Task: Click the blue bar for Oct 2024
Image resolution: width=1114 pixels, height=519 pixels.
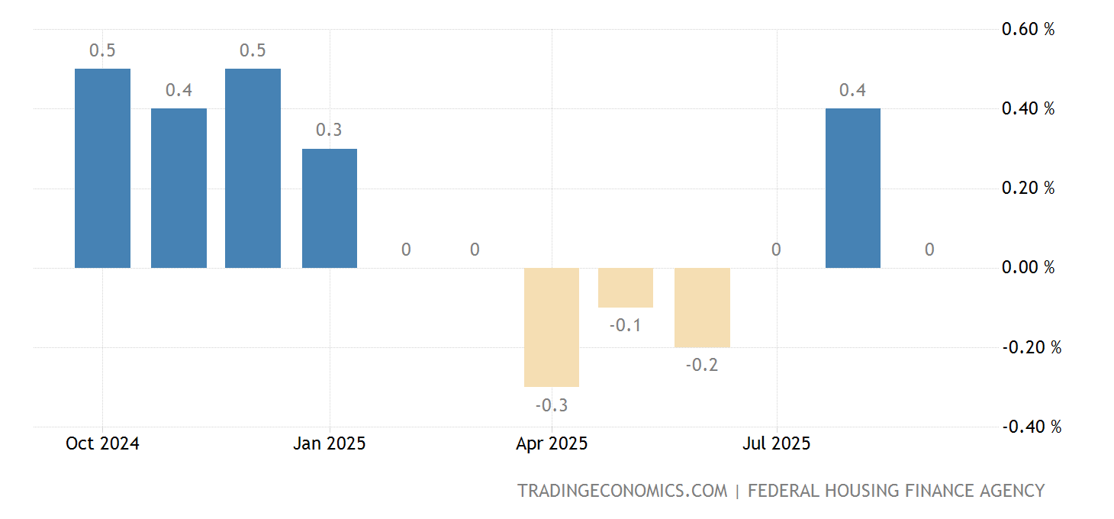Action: tap(102, 168)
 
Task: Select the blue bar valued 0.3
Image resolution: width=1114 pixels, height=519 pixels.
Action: tap(329, 208)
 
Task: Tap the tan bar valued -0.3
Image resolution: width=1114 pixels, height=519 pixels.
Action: tap(551, 327)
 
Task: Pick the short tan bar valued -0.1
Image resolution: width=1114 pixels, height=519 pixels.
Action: tap(625, 287)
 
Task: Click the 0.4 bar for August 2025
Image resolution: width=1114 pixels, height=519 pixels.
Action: tap(852, 188)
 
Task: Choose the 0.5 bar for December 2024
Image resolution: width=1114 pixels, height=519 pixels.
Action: tap(253, 168)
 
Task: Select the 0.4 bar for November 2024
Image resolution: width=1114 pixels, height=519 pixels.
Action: tap(179, 188)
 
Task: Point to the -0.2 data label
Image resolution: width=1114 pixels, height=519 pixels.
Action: tap(701, 366)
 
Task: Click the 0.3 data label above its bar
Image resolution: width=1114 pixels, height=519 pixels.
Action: tap(329, 131)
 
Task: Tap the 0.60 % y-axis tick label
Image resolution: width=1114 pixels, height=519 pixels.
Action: tap(1028, 30)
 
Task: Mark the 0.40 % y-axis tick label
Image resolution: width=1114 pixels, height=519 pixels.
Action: tap(1028, 109)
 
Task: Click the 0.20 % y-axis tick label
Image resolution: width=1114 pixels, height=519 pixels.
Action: tap(1028, 189)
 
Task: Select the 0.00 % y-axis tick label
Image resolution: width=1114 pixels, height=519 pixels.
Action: tap(1028, 268)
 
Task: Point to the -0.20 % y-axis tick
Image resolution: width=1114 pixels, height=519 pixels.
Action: tap(1031, 347)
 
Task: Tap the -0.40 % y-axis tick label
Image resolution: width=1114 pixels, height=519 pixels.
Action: tap(1031, 427)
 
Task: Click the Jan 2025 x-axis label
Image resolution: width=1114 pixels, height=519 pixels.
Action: tap(329, 443)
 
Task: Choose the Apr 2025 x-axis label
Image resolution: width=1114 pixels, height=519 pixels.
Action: tap(551, 443)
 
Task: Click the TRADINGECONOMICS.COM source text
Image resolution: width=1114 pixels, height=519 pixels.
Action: tap(622, 491)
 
